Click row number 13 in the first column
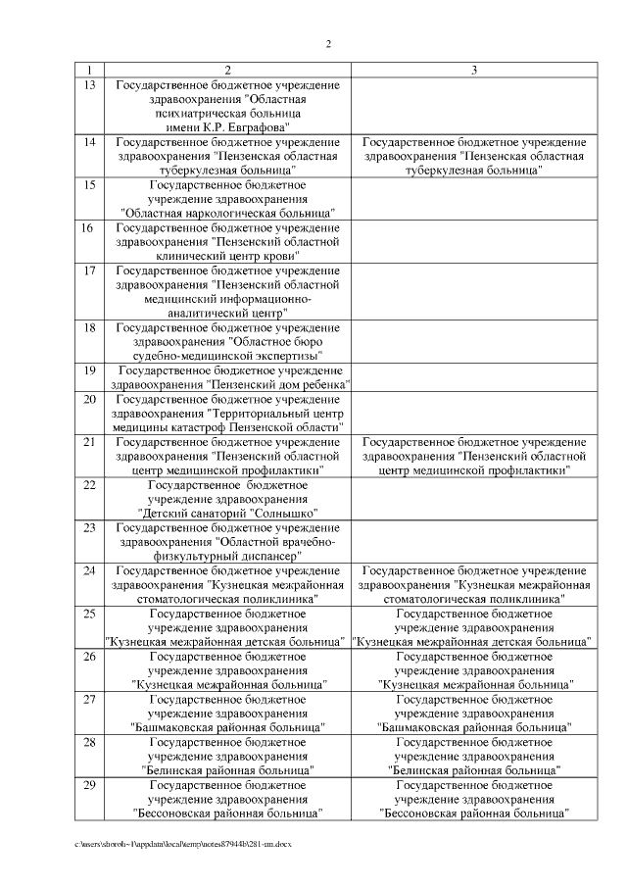(x=89, y=86)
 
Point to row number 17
(x=89, y=270)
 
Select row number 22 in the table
(x=89, y=484)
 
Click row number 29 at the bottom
(x=89, y=786)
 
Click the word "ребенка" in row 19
(x=322, y=384)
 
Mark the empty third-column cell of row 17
(x=474, y=290)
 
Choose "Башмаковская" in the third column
(x=415, y=727)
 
